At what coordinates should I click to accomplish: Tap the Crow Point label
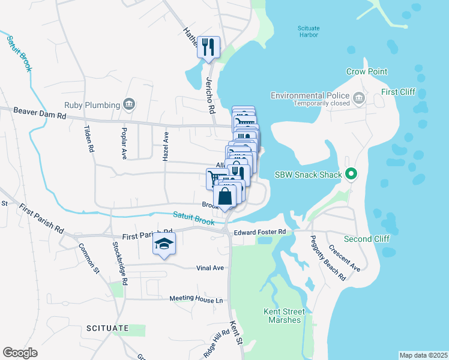pos(367,71)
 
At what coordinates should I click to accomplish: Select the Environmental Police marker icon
pos(358,97)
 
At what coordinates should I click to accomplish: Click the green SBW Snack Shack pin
pos(352,175)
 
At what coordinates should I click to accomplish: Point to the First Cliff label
pos(398,92)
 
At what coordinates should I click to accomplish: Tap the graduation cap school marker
pos(164,244)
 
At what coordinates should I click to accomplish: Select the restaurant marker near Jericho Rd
pos(208,46)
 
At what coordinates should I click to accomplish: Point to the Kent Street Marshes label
pos(285,316)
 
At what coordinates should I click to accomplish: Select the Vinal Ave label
pos(210,268)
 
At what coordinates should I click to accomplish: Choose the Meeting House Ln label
pos(196,298)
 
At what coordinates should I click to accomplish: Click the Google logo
pos(20,353)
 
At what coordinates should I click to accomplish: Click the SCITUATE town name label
pos(107,328)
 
